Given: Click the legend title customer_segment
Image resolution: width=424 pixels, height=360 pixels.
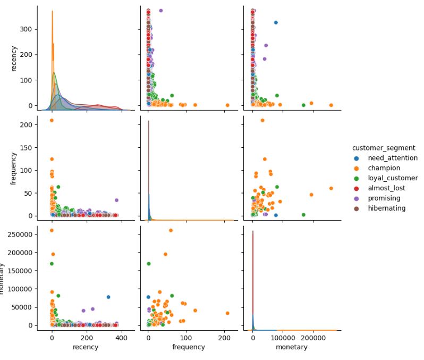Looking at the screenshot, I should point(383,147).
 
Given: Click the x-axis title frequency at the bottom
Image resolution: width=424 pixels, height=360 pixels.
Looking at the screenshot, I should point(189,347).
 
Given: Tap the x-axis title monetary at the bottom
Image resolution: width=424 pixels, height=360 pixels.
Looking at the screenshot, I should point(292,347).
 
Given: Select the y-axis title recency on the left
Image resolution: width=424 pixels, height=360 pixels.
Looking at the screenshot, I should point(14,58).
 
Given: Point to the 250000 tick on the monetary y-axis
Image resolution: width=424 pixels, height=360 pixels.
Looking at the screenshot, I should point(22,234).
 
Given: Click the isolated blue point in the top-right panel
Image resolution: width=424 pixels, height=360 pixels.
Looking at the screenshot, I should point(276,22).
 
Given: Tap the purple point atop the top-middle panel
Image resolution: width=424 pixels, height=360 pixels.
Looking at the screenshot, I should point(161,11).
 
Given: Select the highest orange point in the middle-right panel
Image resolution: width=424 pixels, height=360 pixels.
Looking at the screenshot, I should point(262,120).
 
